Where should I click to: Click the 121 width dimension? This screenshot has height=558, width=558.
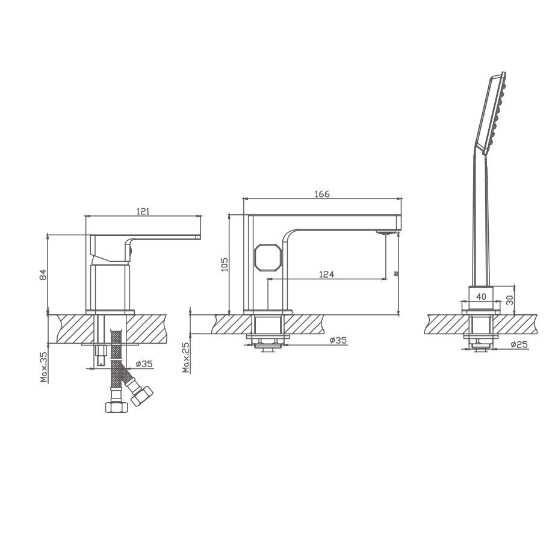coord(143,211)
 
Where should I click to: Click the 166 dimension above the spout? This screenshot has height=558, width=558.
coord(322,194)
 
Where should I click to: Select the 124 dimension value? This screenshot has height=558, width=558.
coord(326,274)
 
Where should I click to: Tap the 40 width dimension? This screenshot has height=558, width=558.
coord(482,296)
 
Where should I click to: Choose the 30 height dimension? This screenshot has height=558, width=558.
coord(509,299)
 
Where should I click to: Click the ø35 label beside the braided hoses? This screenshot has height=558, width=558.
coord(143,364)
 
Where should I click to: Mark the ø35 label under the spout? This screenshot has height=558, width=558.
coord(338,341)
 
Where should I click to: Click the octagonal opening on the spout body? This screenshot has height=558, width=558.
coord(266,257)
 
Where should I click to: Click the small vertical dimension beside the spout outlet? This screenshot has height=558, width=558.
coord(395,273)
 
